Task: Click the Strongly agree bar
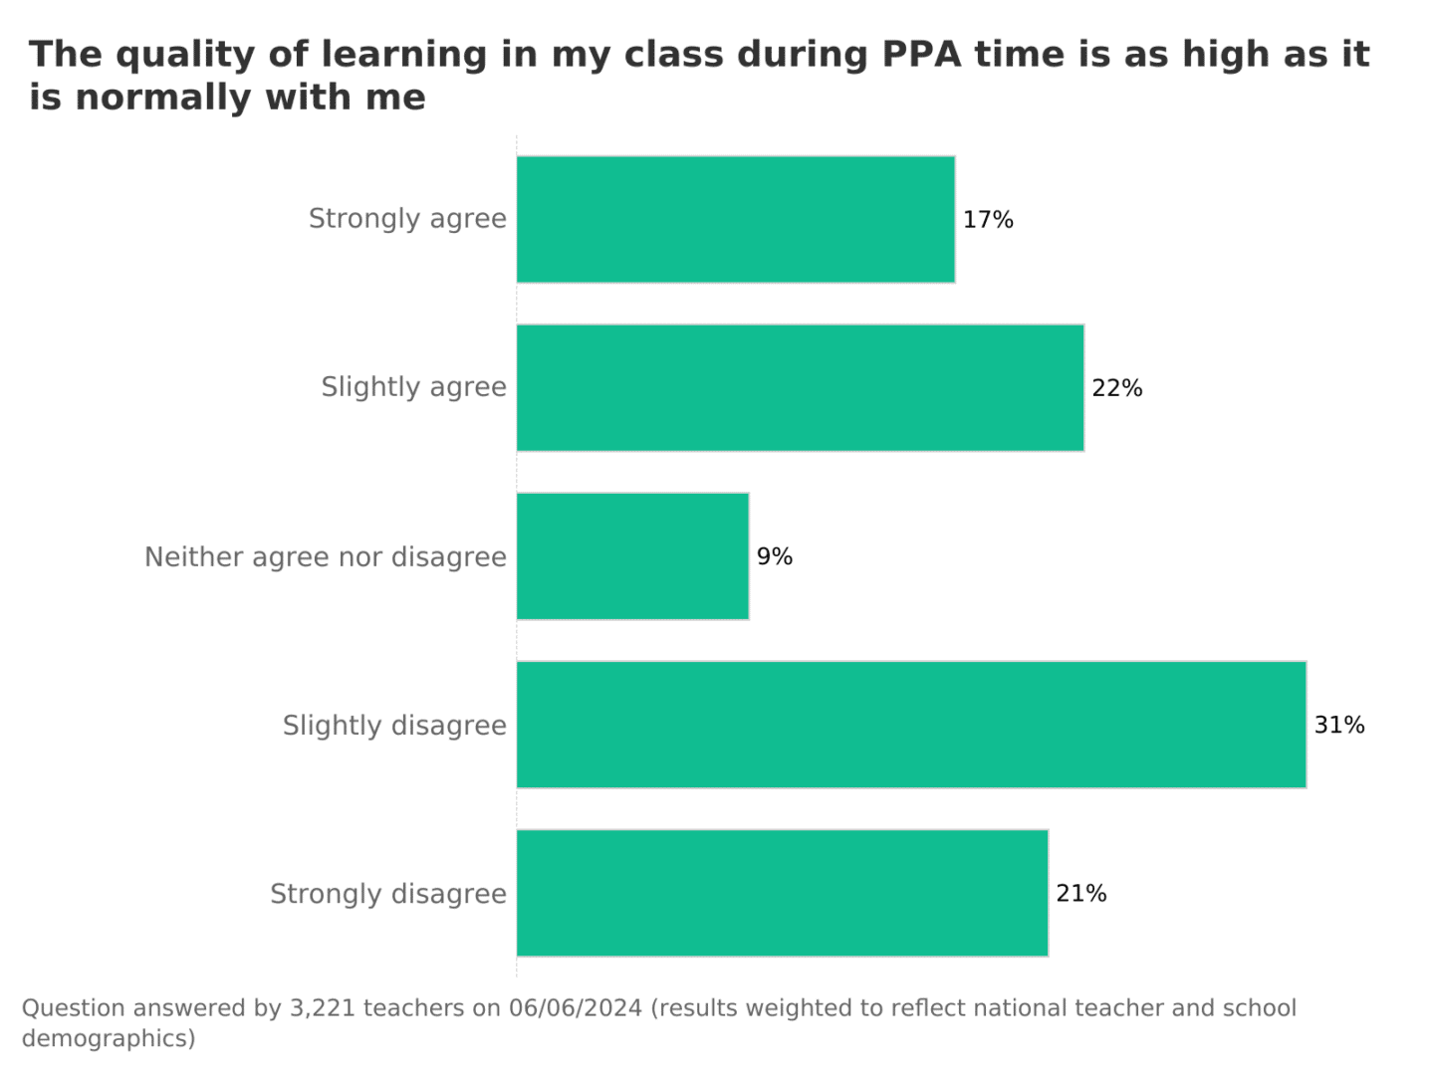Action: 735,219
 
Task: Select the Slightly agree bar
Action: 800,387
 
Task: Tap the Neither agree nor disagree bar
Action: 632,555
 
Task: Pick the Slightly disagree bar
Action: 911,725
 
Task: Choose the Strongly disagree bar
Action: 782,893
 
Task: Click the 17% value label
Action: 988,220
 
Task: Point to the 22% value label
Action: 1117,388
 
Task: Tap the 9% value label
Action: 775,556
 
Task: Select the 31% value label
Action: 1339,725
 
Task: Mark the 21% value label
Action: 1081,894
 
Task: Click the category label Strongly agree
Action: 407,219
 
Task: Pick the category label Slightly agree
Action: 413,387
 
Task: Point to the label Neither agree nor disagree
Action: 326,556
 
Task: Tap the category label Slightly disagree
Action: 394,726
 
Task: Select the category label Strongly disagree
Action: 388,894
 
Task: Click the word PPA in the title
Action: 922,55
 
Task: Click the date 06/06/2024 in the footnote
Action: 575,1008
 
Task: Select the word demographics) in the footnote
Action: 109,1038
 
